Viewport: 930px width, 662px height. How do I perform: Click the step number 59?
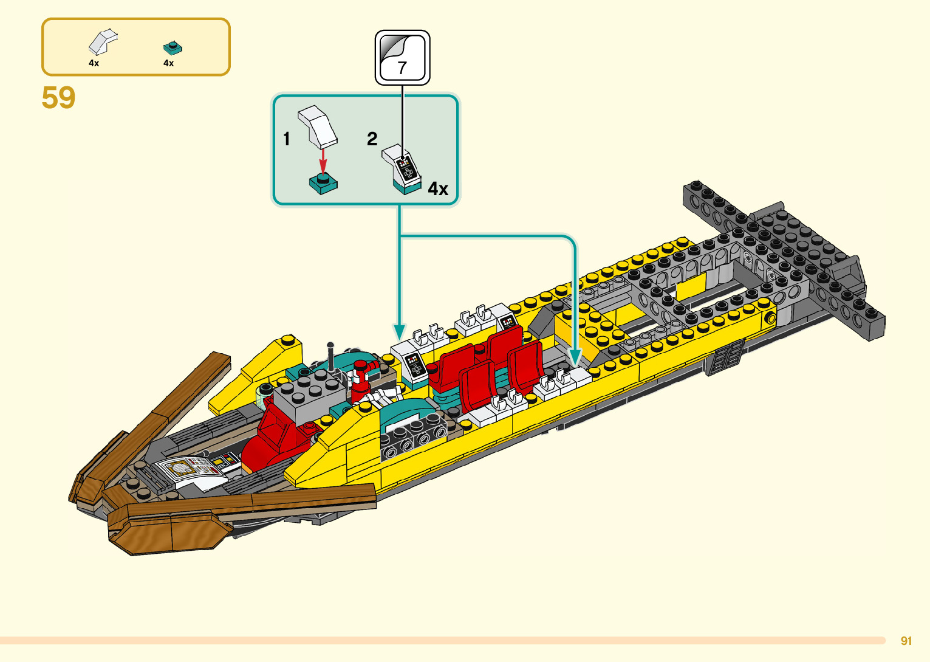(59, 98)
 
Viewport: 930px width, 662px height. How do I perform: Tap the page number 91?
(906, 641)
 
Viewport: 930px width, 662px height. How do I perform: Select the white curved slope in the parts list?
(102, 42)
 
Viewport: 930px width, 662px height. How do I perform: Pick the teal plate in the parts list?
(173, 47)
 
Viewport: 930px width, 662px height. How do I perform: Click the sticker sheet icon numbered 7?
(402, 58)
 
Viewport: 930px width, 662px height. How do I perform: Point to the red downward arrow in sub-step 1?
(323, 161)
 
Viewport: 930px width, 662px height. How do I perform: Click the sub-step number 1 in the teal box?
(287, 139)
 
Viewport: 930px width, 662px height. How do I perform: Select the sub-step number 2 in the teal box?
(372, 139)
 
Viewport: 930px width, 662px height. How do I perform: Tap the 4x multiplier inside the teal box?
(438, 189)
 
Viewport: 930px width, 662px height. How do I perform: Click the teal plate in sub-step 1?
(323, 183)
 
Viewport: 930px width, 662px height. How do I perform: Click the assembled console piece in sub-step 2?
(402, 170)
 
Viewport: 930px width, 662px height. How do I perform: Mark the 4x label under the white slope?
(94, 63)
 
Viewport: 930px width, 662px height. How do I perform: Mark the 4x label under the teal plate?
(169, 63)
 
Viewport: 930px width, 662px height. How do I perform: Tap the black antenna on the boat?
(331, 356)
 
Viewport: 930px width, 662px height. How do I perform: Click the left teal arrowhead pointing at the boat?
(399, 332)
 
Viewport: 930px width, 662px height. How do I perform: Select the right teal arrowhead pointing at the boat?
(575, 357)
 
